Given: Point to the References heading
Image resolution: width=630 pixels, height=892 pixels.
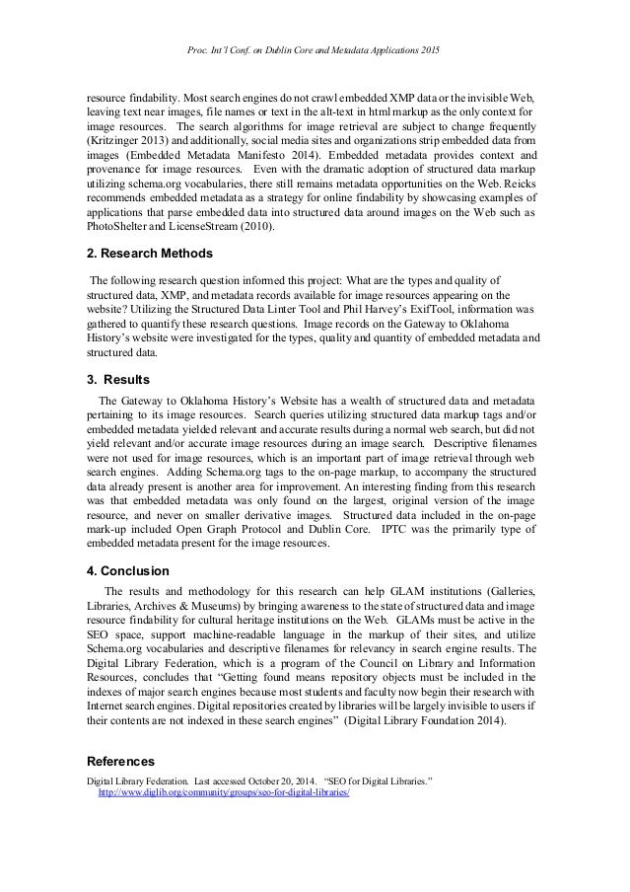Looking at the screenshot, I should (121, 762).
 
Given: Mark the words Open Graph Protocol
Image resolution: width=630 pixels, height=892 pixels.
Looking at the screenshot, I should (222, 529).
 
